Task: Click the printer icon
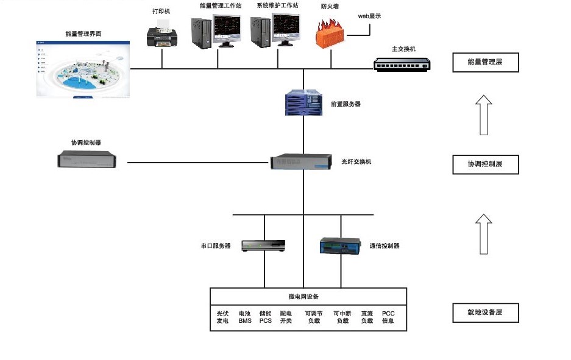[162, 34]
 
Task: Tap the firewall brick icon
[330, 34]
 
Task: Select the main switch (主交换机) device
[402, 63]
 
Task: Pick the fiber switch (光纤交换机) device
[303, 162]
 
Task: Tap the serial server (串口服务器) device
[263, 245]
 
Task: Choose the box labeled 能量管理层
[485, 63]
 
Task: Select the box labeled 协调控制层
[485, 164]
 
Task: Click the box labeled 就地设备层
[485, 312]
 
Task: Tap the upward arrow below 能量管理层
[484, 115]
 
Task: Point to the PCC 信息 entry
[388, 317]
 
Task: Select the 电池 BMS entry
[245, 317]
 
